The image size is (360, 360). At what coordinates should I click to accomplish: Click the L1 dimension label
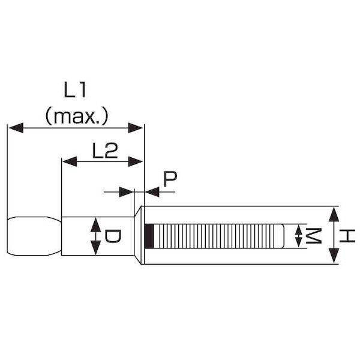[x=75, y=90]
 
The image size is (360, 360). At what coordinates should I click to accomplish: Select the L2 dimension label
[x=105, y=151]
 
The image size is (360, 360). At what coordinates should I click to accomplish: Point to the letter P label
[x=170, y=179]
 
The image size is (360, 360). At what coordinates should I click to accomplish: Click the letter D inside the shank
[x=112, y=236]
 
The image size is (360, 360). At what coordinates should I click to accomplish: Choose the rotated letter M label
[x=313, y=236]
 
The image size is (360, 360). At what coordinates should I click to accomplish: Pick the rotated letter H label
[x=347, y=236]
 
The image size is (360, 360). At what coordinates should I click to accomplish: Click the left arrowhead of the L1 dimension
[x=16, y=128]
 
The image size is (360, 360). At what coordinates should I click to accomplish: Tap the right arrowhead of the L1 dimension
[x=136, y=128]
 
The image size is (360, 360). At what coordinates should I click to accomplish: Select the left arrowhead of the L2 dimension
[x=70, y=161]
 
